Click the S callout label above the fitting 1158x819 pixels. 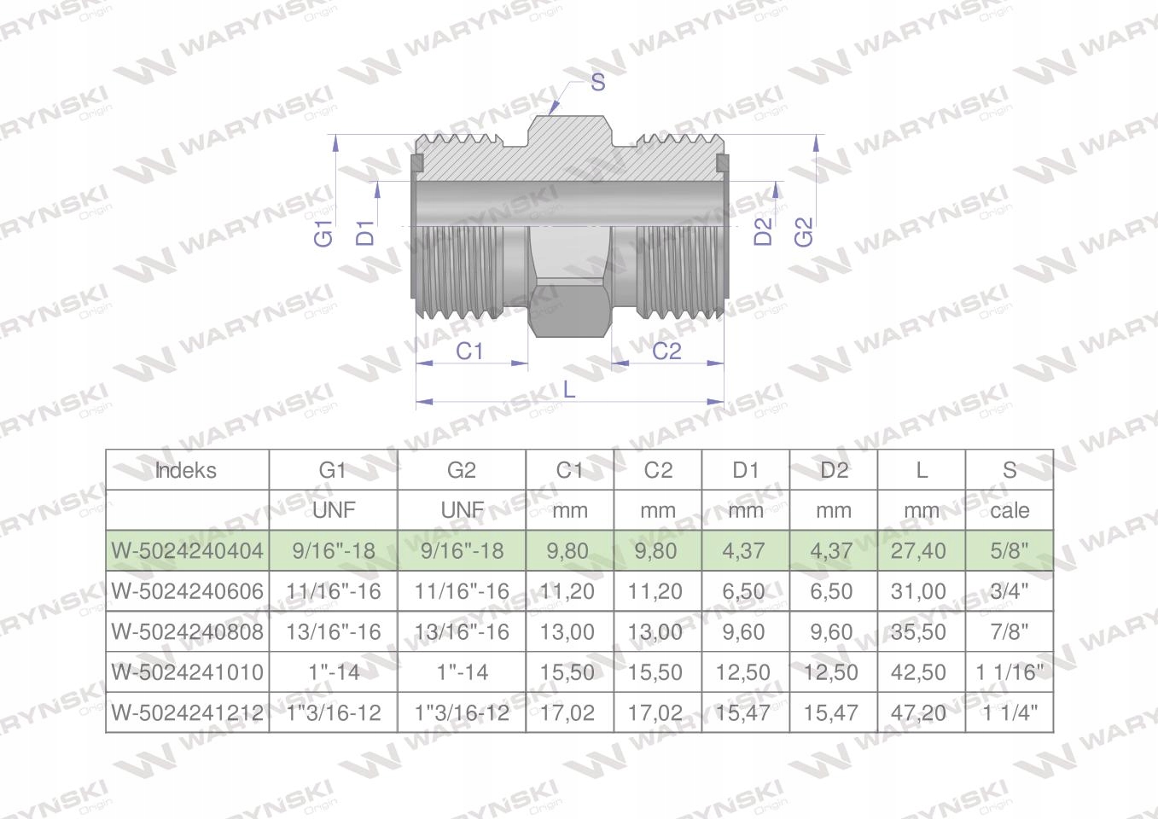click(x=597, y=82)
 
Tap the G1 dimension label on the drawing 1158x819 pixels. click(x=324, y=233)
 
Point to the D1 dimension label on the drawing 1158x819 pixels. click(x=365, y=233)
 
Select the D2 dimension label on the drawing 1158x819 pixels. click(x=763, y=231)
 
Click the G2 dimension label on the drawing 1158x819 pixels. click(x=804, y=231)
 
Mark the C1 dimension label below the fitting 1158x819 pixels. click(x=468, y=351)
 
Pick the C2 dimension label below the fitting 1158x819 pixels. click(x=666, y=351)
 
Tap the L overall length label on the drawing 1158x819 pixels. click(x=568, y=389)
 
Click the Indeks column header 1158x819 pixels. click(x=185, y=471)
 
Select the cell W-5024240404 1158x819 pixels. click(x=187, y=551)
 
